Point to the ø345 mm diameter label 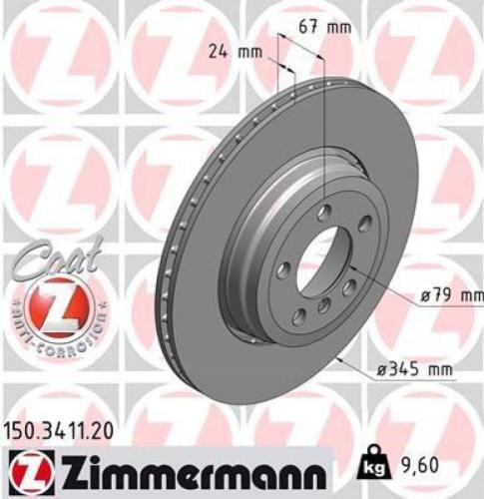pyautogui.click(x=411, y=370)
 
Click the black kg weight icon pyautogui.click(x=368, y=464)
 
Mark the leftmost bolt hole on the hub pyautogui.click(x=283, y=269)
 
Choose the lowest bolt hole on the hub pyautogui.click(x=297, y=316)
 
